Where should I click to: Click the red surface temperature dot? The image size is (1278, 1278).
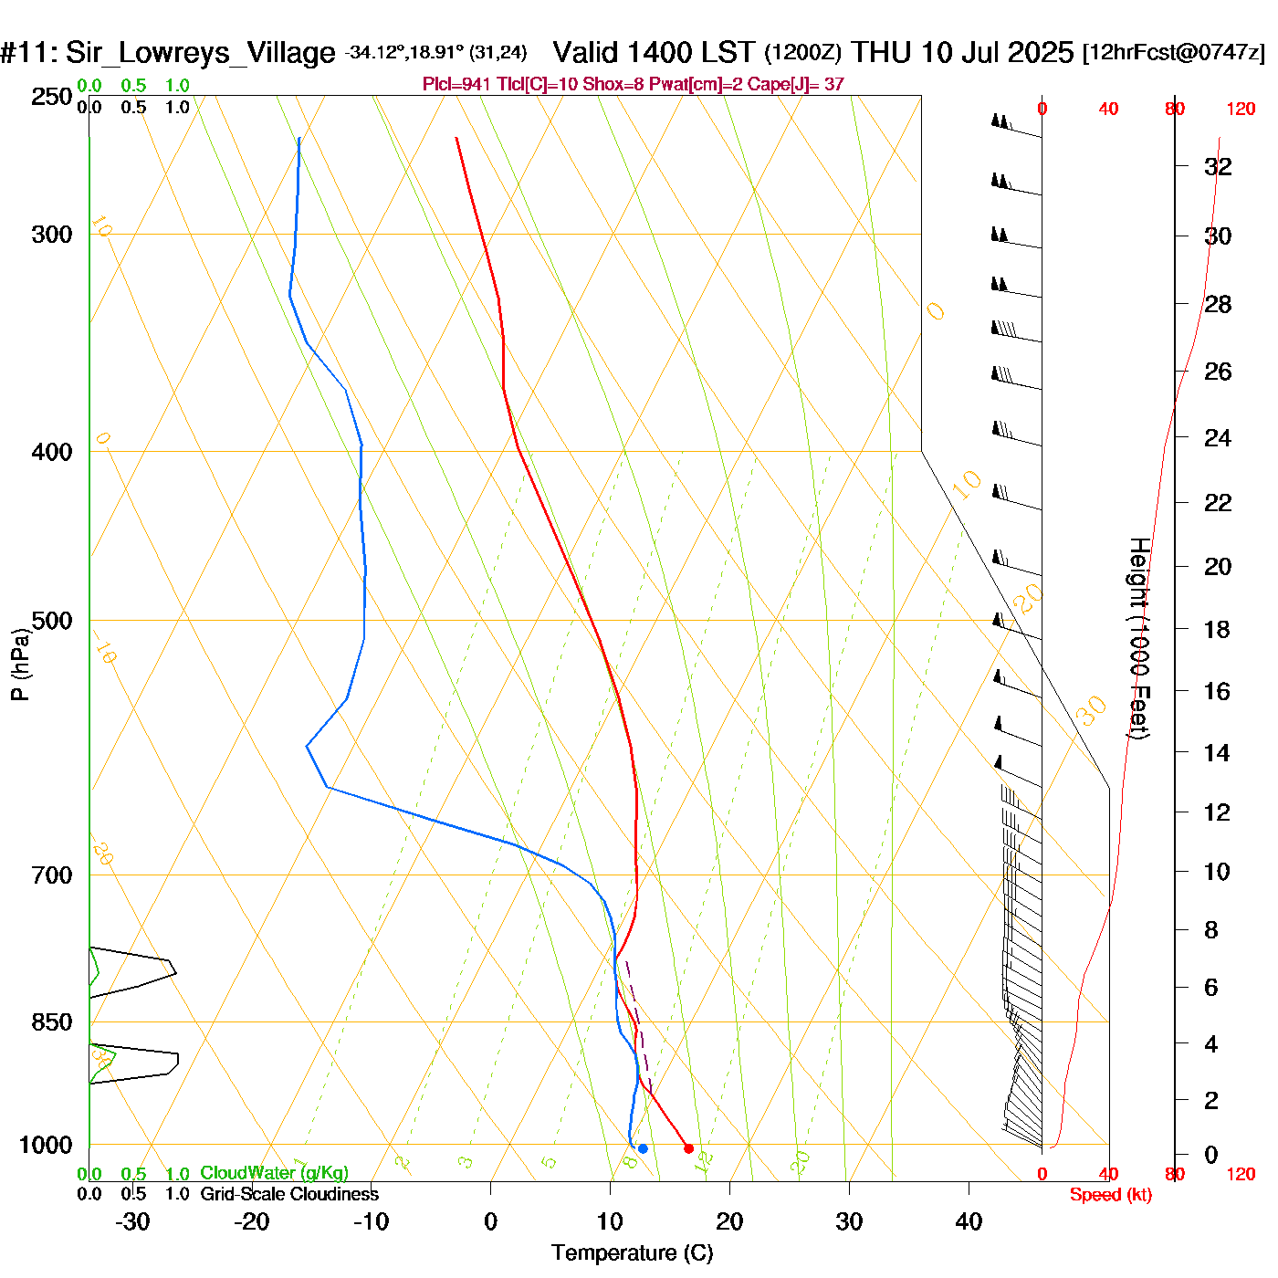click(688, 1148)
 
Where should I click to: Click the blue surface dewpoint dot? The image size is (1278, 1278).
click(643, 1148)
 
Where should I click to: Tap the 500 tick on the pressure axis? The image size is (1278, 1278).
click(52, 621)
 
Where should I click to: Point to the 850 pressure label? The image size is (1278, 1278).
click(52, 1022)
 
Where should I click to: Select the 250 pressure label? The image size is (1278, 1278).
click(52, 97)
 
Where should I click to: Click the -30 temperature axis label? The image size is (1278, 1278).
click(132, 1221)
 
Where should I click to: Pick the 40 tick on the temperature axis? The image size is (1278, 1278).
click(969, 1221)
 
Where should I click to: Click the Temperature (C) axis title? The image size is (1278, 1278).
click(632, 1253)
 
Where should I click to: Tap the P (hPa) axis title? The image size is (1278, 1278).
click(20, 665)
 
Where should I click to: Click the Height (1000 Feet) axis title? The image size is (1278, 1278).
click(1138, 638)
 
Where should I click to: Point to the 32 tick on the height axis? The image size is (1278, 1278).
click(1218, 166)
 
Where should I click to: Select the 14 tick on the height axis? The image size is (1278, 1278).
click(1217, 752)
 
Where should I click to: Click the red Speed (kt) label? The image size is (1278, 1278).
click(1110, 1195)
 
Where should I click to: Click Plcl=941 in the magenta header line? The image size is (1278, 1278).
click(456, 85)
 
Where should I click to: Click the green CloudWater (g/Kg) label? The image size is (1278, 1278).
click(274, 1173)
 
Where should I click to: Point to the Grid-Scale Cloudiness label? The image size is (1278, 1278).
click(289, 1194)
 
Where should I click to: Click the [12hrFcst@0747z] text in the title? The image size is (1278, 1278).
click(1174, 52)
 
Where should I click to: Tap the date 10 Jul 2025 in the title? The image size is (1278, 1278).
click(997, 52)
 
